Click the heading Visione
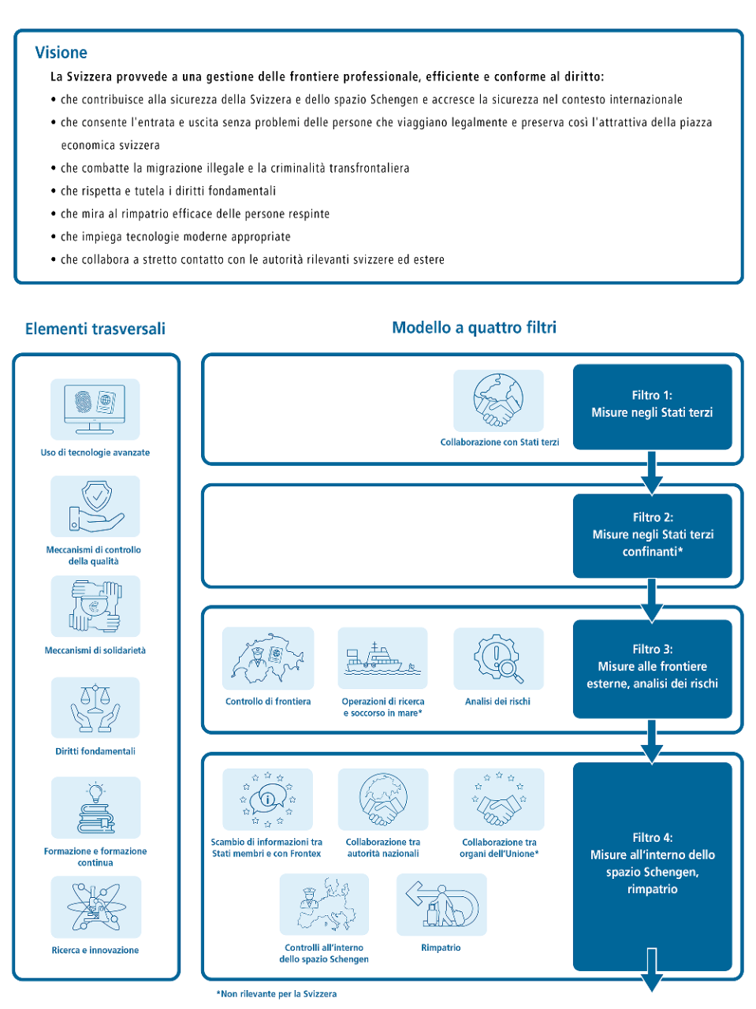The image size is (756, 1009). pos(61,53)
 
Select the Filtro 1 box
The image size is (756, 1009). pos(652,406)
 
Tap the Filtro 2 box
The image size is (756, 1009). pos(652,535)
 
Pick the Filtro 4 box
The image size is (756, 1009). pos(652,865)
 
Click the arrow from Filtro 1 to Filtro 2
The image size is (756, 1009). pos(651,471)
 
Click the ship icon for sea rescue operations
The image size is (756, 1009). pos(382,658)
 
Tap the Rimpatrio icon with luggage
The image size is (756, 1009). pos(441,904)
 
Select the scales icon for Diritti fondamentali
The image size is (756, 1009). pos(95,707)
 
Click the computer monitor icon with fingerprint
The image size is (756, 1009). pos(95,409)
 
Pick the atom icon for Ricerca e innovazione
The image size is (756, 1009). pos(95,907)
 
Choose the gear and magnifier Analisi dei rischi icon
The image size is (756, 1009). pos(498,658)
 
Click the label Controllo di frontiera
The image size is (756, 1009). pos(268,702)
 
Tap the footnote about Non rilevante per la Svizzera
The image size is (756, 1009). pos(277,994)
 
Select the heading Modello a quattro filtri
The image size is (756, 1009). pos(474,327)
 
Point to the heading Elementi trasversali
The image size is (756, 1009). pos(95,329)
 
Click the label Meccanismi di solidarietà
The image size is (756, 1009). pos(95,650)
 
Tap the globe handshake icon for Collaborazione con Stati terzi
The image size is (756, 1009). pos(498,400)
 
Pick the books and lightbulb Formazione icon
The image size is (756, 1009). pos(95,808)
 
